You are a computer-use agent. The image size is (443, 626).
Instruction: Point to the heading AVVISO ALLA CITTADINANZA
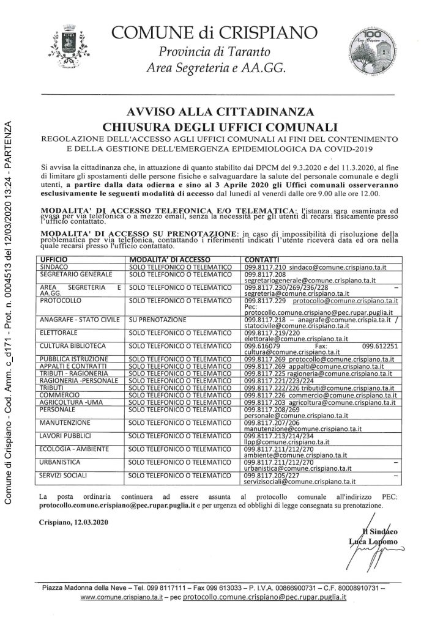point(221,112)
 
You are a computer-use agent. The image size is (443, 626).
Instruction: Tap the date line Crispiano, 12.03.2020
point(68,523)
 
